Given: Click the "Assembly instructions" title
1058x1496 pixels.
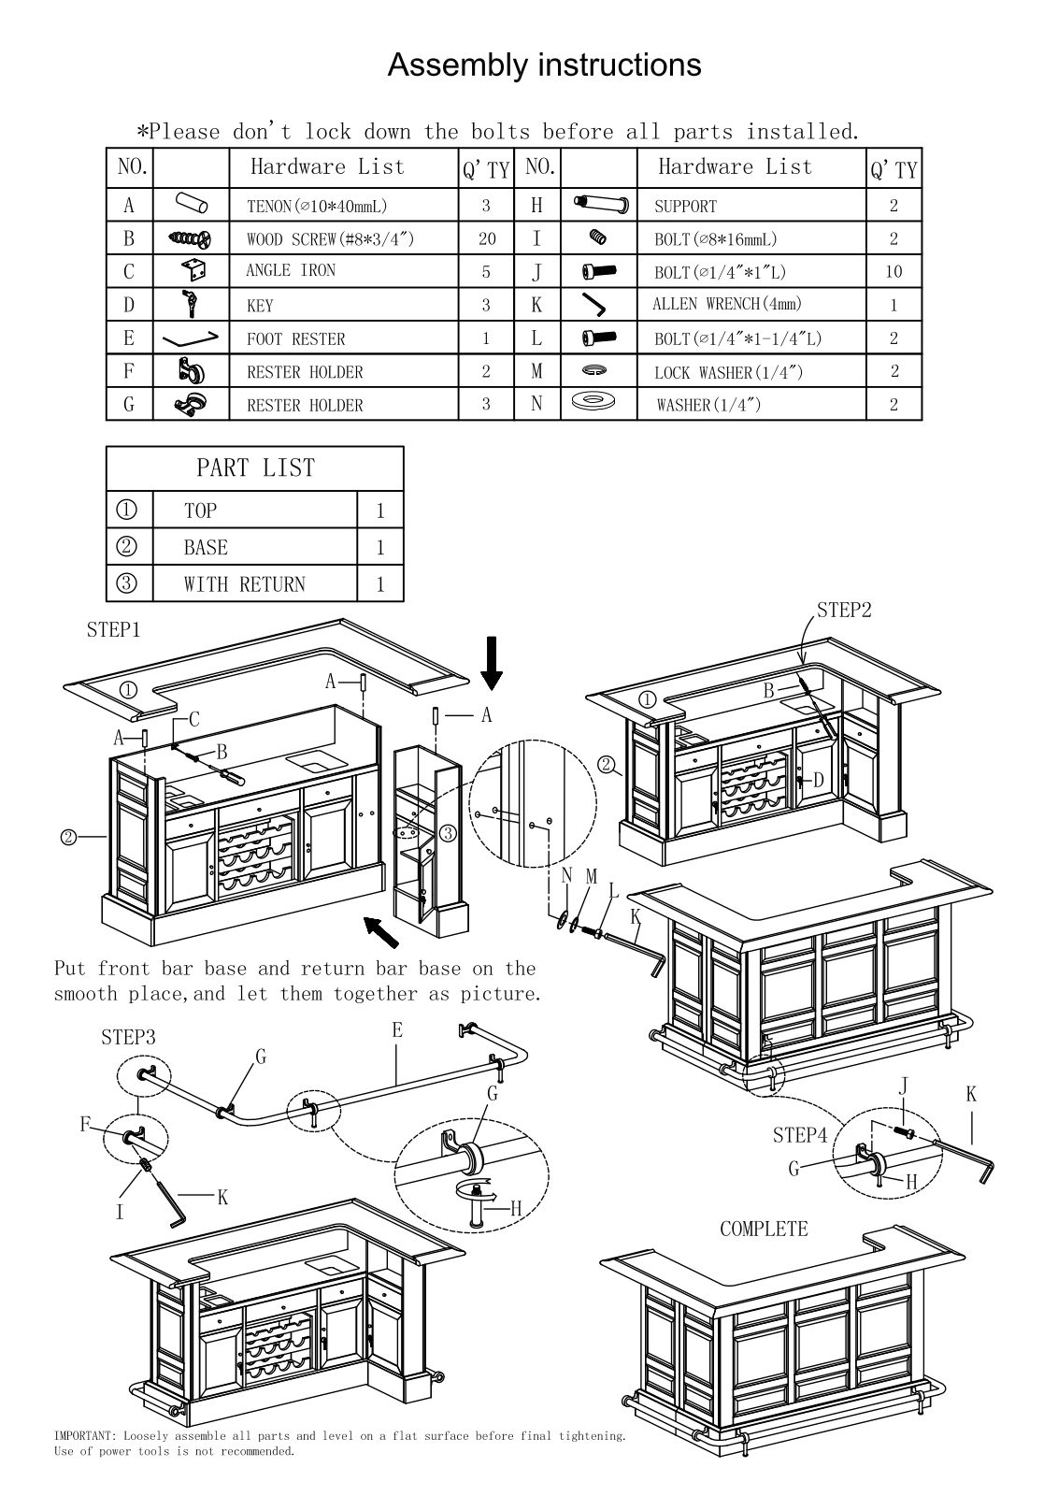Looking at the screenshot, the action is (x=544, y=65).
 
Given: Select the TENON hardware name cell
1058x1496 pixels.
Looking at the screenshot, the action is (x=317, y=206).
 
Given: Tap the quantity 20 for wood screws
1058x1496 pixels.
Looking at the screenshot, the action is (x=487, y=238).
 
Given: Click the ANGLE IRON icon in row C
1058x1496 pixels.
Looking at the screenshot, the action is (x=193, y=270).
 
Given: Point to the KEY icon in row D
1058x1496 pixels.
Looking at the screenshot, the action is (x=191, y=304).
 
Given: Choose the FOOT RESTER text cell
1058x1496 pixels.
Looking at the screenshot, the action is (x=295, y=338).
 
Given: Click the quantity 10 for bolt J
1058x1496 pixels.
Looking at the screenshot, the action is (x=894, y=271).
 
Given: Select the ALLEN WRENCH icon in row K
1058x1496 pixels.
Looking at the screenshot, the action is (x=593, y=305).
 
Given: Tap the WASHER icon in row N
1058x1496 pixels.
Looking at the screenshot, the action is (x=593, y=401).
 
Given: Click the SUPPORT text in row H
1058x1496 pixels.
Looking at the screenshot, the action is (x=685, y=207).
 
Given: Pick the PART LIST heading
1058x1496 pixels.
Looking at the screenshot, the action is (x=255, y=467).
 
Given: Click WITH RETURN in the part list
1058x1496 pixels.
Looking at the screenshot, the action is (x=244, y=584).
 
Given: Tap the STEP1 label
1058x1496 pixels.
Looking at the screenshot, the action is (x=113, y=630).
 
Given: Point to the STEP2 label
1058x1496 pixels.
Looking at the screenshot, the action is (x=844, y=610).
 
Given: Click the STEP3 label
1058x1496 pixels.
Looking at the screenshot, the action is (x=128, y=1037).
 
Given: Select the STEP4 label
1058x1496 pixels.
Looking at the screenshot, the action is (x=800, y=1135).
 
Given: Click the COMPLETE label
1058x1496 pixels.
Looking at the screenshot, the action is (x=764, y=1229).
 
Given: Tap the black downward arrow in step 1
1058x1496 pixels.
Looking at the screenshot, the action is (x=492, y=663).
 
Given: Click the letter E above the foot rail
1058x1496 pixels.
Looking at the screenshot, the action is (x=397, y=1029).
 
